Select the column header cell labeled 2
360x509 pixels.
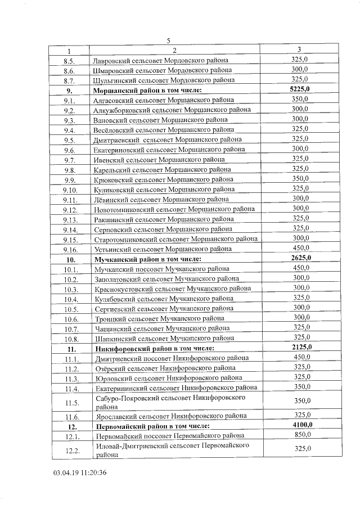pos(175,51)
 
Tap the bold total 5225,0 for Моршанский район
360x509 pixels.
pos(300,89)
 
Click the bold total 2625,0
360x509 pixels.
pos(300,258)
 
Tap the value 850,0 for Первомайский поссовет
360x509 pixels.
pos(301,435)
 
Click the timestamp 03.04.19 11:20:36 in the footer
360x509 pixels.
pos(80,472)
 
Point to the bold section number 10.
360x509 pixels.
pos(71,259)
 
